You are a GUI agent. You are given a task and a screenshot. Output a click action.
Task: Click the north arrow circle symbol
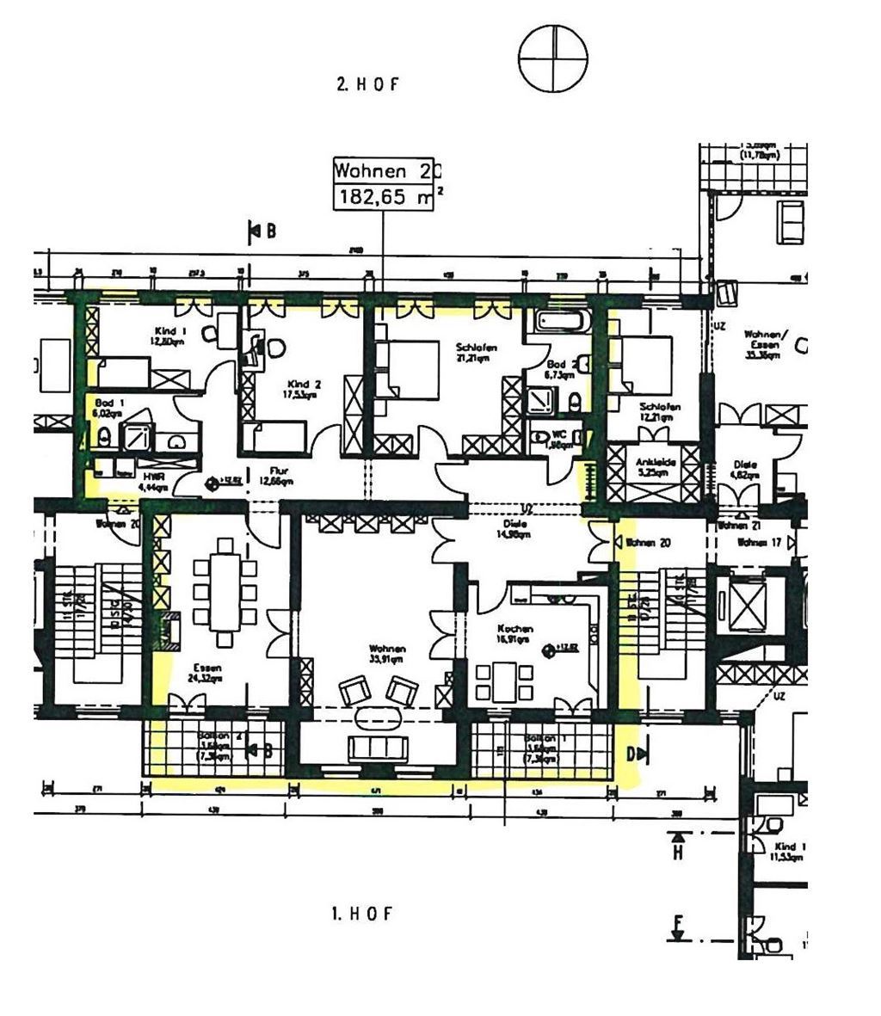pyautogui.click(x=553, y=57)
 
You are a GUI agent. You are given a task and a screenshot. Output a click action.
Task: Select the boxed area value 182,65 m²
pyautogui.click(x=388, y=196)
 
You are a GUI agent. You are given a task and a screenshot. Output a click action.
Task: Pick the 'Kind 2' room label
pyautogui.click(x=298, y=384)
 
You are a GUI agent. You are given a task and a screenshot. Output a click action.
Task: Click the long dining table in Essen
pyautogui.click(x=225, y=592)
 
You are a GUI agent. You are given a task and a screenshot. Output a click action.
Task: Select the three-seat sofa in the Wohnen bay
pyautogui.click(x=377, y=748)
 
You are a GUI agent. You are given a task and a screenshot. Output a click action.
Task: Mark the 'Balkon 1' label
pyautogui.click(x=539, y=739)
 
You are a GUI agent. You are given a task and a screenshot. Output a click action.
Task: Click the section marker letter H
pyautogui.click(x=677, y=852)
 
